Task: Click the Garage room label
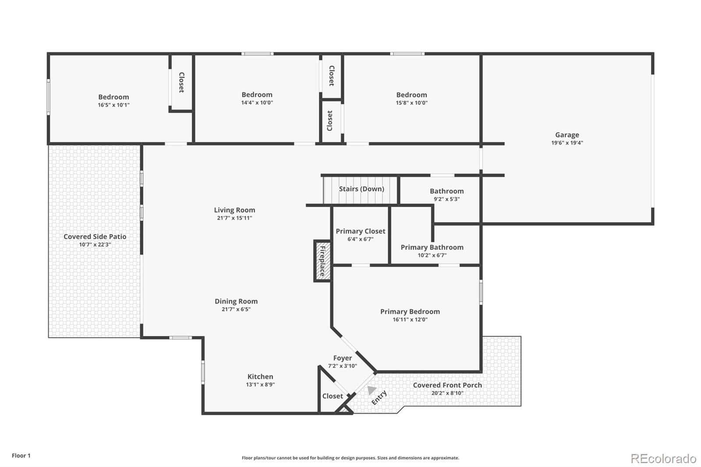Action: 567,135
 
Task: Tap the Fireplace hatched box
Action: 322,261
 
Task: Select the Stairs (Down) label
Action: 361,189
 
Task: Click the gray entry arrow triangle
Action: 372,389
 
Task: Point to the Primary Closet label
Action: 360,231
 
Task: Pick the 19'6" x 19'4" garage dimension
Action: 567,143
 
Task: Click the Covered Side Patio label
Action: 95,237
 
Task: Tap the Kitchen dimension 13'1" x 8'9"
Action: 260,385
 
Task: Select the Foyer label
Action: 342,358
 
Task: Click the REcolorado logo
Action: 663,459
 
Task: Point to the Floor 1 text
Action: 21,456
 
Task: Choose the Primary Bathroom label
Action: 432,247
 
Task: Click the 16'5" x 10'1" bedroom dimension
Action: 113,105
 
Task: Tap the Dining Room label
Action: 236,301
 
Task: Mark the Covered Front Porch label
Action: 447,385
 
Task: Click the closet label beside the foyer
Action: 333,396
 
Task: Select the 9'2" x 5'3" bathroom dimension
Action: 446,199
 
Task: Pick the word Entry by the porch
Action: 379,397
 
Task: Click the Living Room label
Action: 234,210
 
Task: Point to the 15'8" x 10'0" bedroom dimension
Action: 411,103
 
